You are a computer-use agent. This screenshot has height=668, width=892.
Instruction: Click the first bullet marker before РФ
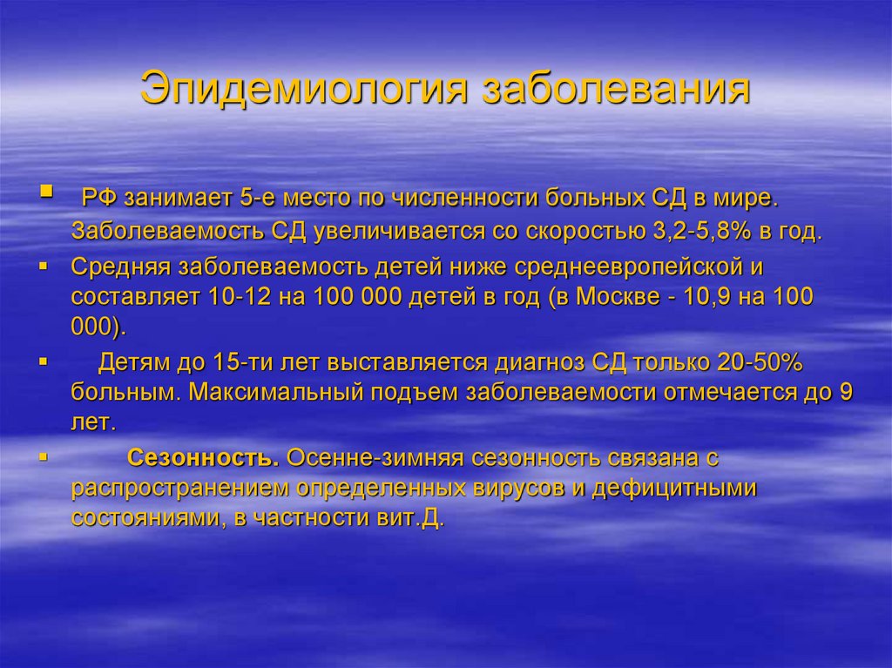[x=46, y=191]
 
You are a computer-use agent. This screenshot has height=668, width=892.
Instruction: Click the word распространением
[x=182, y=487]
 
